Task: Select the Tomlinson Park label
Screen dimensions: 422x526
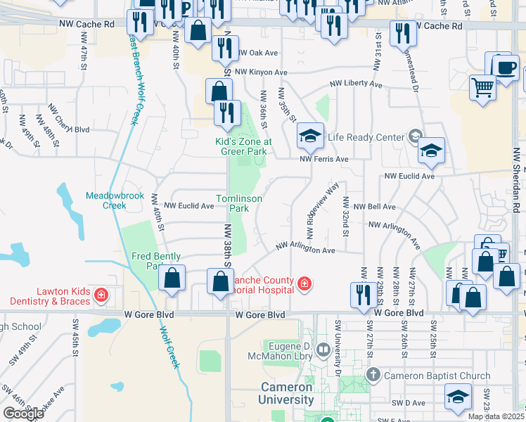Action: tap(239, 204)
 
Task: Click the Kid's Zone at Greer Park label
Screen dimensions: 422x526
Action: tap(243, 146)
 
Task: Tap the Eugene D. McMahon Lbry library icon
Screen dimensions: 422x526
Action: tap(323, 348)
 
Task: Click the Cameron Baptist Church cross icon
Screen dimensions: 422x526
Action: tap(373, 376)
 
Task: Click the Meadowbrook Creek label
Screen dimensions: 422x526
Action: tap(105, 200)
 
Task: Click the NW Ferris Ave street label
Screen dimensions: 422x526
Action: tap(324, 160)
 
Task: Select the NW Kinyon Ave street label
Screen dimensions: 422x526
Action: tap(262, 72)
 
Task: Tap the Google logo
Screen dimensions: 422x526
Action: tap(23, 414)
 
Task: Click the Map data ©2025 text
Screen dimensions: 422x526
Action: tap(495, 416)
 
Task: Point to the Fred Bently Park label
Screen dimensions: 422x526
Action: tap(156, 261)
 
